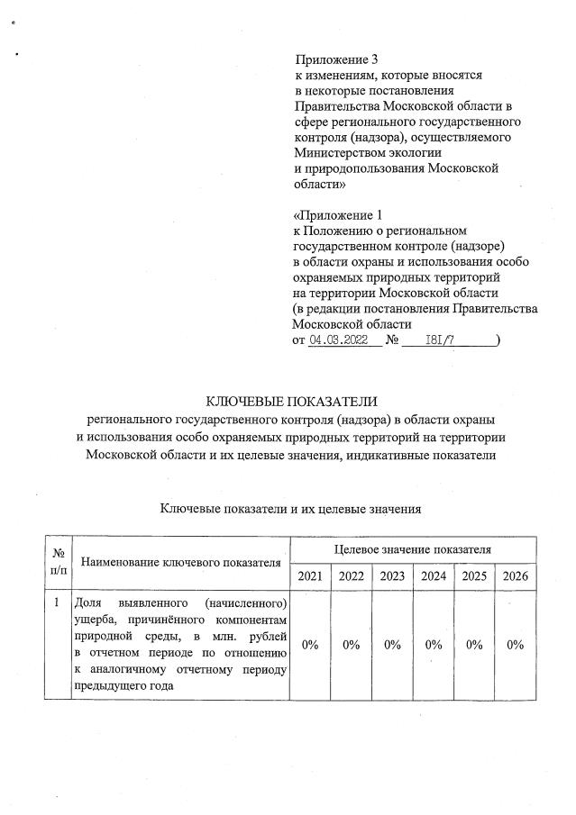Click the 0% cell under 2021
309,644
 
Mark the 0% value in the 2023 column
392,644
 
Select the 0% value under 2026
516,644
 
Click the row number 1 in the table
56,602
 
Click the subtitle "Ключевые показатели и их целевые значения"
290,510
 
